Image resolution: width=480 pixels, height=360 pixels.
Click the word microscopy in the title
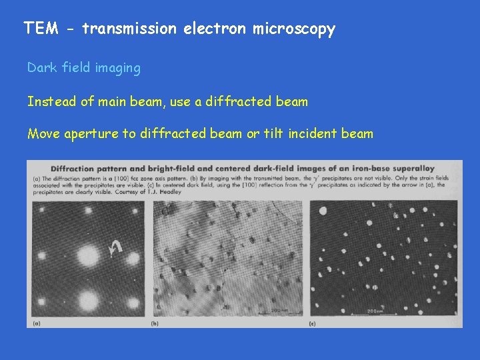pos(294,29)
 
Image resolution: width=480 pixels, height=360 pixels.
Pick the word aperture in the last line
pos(93,134)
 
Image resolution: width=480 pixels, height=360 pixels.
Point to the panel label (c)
pos(313,323)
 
